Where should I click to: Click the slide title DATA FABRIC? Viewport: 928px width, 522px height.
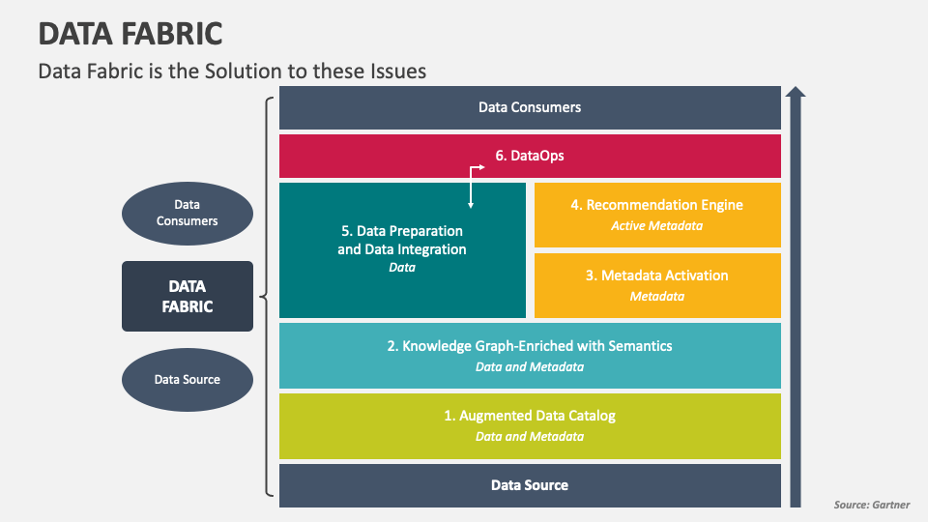click(x=130, y=34)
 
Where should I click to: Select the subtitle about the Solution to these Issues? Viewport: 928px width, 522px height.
click(x=232, y=71)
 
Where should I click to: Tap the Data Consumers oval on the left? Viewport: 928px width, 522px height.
click(x=187, y=213)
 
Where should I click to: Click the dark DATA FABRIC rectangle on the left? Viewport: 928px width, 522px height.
click(x=187, y=296)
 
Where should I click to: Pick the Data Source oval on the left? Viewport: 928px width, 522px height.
click(x=187, y=379)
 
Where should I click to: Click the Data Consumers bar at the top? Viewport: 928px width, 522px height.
click(x=530, y=107)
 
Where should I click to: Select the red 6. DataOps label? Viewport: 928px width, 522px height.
click(x=530, y=155)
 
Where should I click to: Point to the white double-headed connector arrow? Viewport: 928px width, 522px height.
click(x=472, y=186)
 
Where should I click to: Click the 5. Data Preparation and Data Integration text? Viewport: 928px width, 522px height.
click(x=402, y=240)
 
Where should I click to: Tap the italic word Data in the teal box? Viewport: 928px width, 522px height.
click(x=402, y=268)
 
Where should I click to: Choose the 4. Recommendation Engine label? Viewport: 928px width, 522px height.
click(x=657, y=205)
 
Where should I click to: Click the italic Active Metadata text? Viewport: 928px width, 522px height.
click(x=657, y=226)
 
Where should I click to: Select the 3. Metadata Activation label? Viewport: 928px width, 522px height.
click(x=657, y=275)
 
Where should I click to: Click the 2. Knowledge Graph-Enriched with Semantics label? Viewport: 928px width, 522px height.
click(x=530, y=345)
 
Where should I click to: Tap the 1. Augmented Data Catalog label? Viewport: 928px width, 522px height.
click(x=530, y=416)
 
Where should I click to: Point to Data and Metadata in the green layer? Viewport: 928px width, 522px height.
click(x=530, y=437)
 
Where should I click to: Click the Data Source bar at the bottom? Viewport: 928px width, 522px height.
click(x=530, y=485)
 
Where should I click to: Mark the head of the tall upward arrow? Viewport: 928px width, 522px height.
click(x=795, y=93)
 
